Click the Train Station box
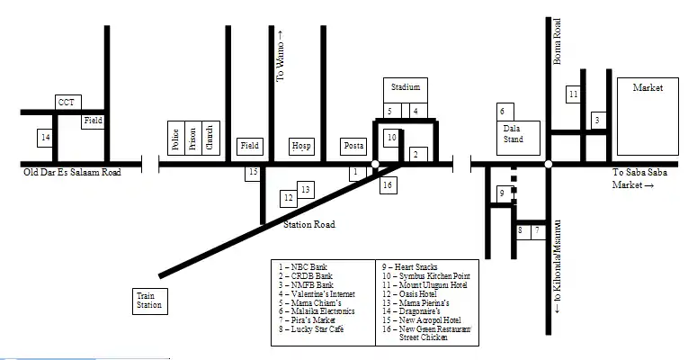(150, 301)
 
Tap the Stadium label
(406, 87)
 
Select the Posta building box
(353, 146)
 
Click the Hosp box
(301, 146)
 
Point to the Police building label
(175, 139)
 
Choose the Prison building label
(192, 139)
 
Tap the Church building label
(210, 138)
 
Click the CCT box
(68, 102)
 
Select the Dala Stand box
(518, 138)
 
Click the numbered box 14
(46, 138)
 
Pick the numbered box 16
(388, 185)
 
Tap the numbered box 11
(573, 94)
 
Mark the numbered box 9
(503, 193)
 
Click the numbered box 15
(253, 172)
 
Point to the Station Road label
(309, 224)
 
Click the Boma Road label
(557, 41)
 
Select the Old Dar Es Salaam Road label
(72, 172)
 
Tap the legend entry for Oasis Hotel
(409, 293)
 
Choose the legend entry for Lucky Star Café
(311, 328)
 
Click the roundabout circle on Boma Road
(548, 164)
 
